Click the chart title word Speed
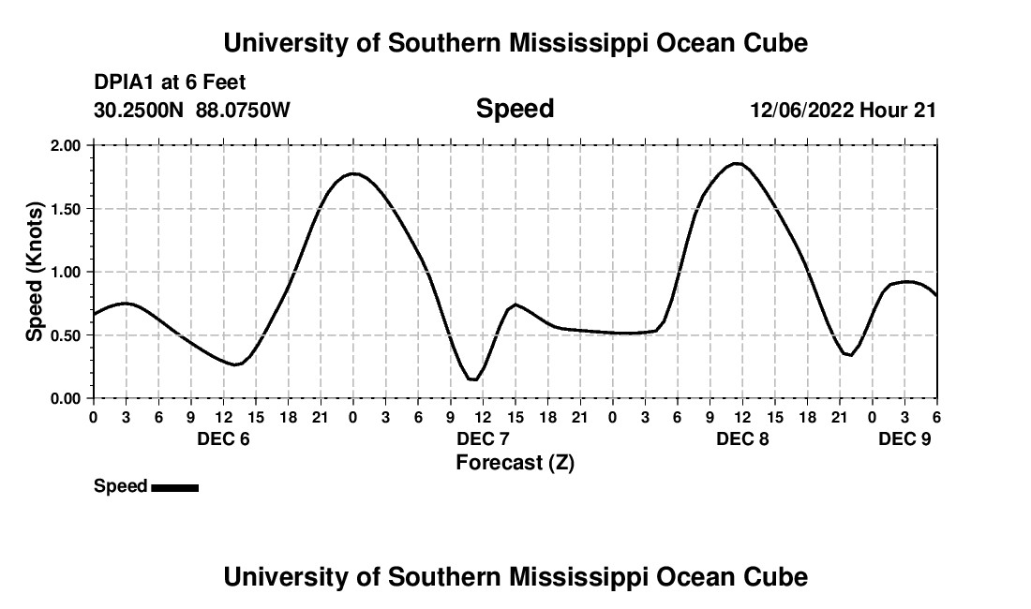pos(515,109)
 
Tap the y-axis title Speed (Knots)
pos(35,271)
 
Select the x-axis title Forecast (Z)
pos(515,462)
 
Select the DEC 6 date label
pos(223,439)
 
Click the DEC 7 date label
pos(483,439)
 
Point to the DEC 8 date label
pos(742,439)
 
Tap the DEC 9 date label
pos(904,439)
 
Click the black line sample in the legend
pos(174,487)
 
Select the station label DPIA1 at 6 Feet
pos(170,83)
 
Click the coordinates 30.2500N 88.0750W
pos(192,110)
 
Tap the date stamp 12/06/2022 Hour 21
pos(843,110)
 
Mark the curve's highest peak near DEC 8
pos(739,164)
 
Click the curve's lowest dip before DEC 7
pos(473,379)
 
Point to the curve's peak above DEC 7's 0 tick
pos(353,173)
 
